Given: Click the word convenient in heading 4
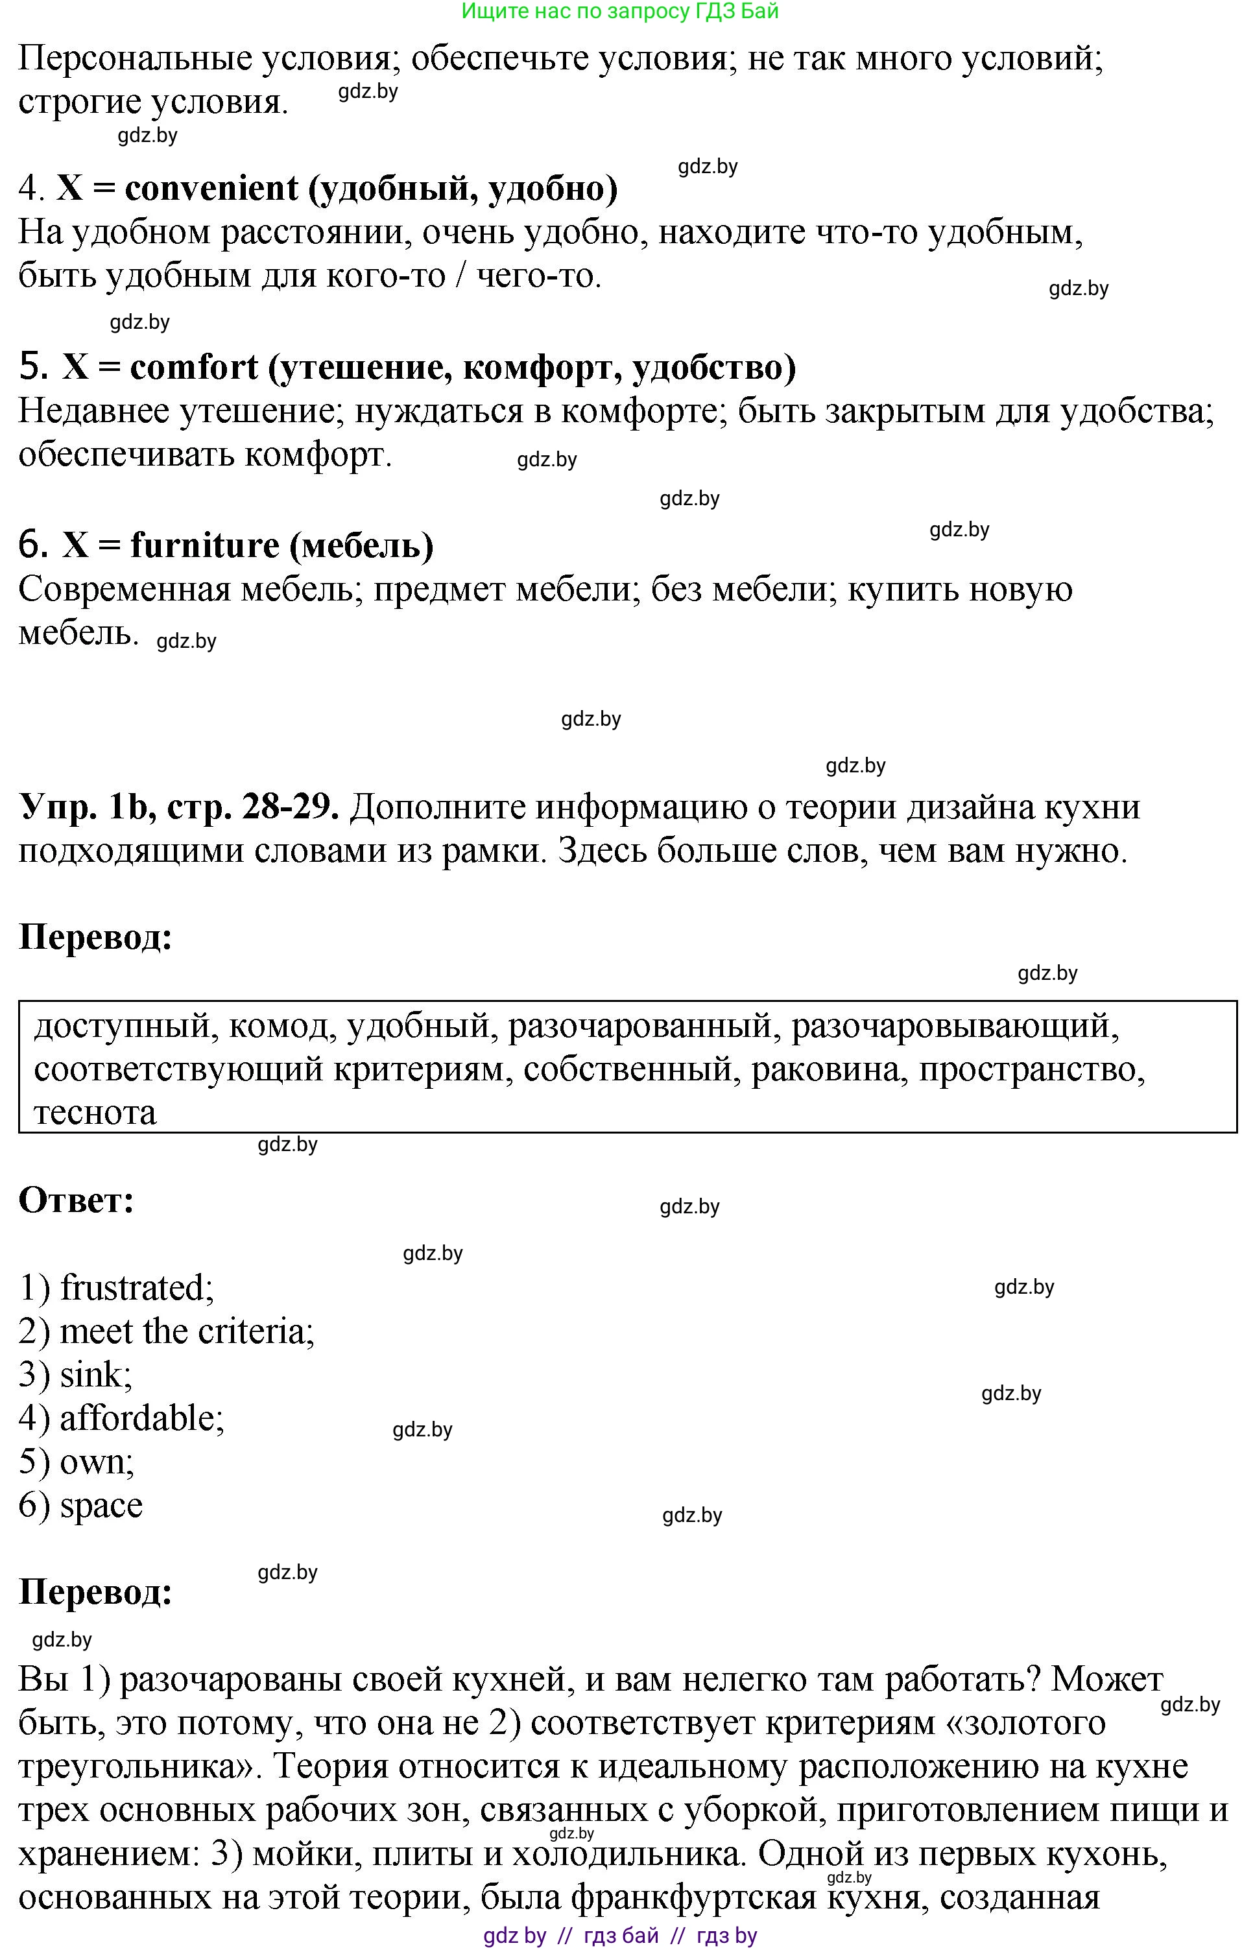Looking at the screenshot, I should point(211,189).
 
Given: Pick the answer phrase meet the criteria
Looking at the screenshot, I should point(186,1332).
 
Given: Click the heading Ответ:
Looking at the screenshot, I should point(76,1200).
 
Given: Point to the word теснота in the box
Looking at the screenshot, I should point(95,1113).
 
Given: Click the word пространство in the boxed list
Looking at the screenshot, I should point(1031,1070).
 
